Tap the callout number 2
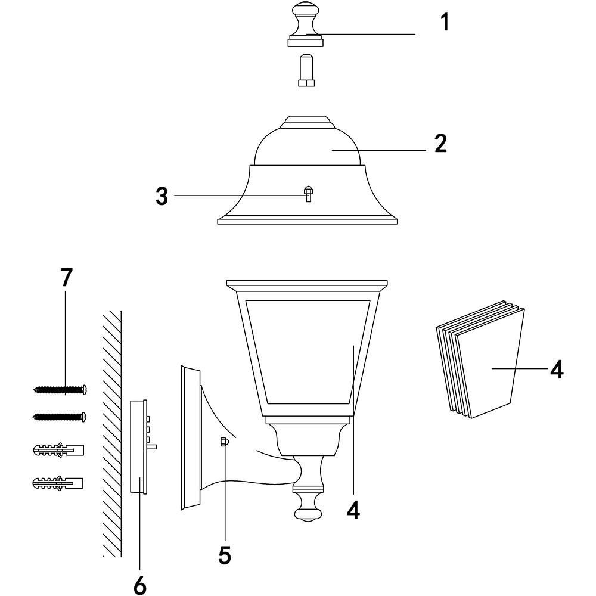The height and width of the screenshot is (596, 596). click(440, 144)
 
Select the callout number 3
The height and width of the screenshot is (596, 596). click(162, 197)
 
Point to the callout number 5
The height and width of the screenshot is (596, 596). click(225, 555)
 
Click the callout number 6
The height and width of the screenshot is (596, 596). click(139, 586)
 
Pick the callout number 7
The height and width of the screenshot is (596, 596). click(66, 277)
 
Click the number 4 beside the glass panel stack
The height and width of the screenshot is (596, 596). click(556, 369)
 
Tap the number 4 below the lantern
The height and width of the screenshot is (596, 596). click(353, 510)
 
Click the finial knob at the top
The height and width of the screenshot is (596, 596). click(306, 24)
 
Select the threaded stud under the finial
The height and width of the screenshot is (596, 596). click(306, 71)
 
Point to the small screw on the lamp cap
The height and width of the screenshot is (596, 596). click(308, 194)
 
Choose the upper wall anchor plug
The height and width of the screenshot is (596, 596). click(58, 450)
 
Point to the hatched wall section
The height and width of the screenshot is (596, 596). click(111, 435)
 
